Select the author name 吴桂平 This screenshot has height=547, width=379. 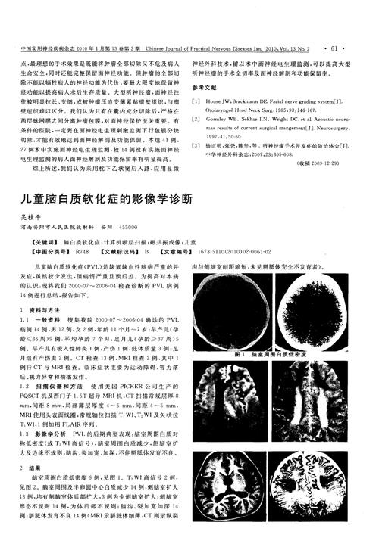tap(27, 216)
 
